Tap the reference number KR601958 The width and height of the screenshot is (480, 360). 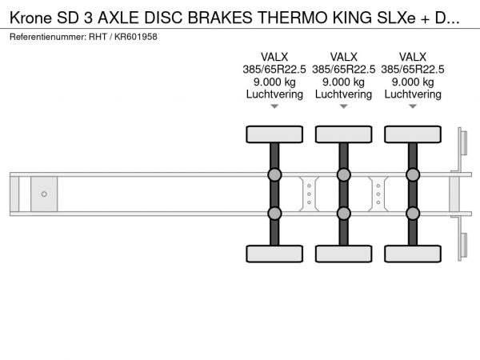136,37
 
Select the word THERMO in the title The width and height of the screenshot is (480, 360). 293,18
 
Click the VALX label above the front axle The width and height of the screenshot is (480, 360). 274,57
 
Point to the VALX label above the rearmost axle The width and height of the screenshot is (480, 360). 413,57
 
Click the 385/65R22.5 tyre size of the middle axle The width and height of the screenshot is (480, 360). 343,70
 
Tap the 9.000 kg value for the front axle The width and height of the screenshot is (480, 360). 274,82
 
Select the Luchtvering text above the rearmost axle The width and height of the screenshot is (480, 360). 413,94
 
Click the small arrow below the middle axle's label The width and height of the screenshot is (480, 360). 343,106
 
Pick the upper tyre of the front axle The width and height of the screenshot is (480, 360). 274,134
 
